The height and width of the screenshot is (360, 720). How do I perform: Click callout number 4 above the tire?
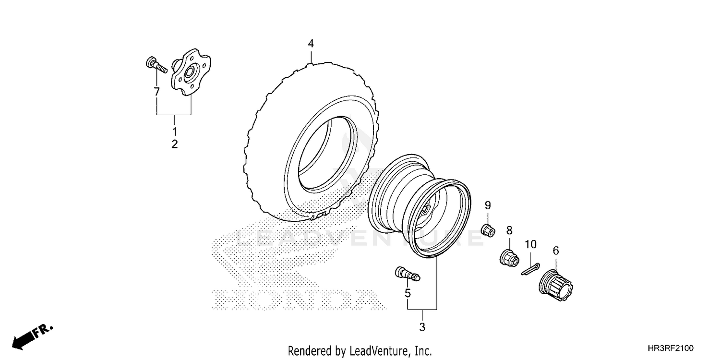click(311, 44)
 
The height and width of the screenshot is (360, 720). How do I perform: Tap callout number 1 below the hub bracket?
click(175, 131)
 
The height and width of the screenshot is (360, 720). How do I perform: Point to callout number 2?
click(175, 144)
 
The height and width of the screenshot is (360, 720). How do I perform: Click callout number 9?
click(488, 206)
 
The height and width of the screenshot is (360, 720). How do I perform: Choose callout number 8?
click(509, 230)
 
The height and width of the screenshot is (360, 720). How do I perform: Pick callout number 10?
click(530, 244)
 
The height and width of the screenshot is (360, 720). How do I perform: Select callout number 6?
click(556, 250)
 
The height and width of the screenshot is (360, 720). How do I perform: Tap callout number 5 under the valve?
click(408, 292)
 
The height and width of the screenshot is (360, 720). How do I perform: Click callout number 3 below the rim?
click(422, 328)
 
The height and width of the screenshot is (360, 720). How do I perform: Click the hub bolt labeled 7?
click(155, 65)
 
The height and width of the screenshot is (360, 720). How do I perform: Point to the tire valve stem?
click(407, 274)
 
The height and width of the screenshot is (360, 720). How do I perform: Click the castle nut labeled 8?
click(508, 257)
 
